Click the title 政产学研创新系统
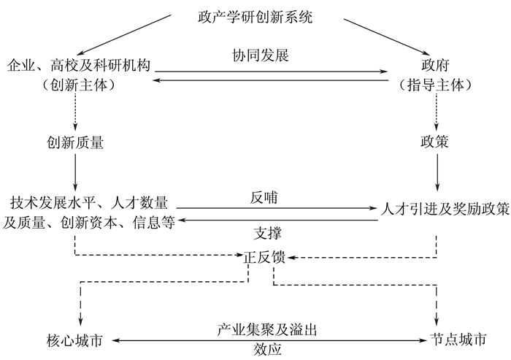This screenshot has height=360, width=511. pos(255,17)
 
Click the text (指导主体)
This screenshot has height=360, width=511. pos(436,84)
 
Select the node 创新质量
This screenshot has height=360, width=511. pos(74,142)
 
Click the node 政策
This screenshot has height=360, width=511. pos(436,142)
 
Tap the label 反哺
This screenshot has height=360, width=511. pos(266,197)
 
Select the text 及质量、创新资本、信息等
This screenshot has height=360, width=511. pos(89,223)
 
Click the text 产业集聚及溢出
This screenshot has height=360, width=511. pos(266,330)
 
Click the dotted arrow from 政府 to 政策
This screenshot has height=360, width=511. pos(437,110)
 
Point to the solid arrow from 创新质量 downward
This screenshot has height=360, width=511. pos(74,173)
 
